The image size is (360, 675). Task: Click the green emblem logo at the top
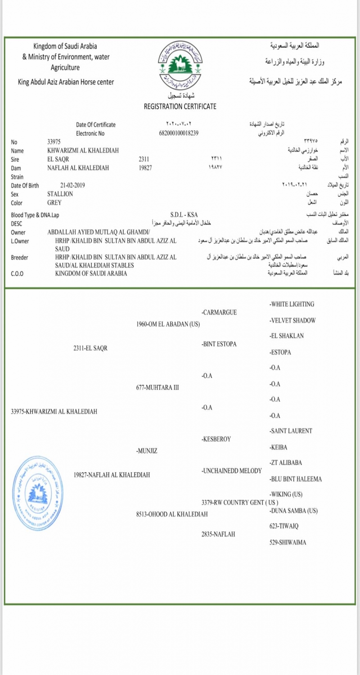point(180,63)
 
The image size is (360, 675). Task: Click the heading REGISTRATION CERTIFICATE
point(180,107)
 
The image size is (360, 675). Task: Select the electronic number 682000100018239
point(179,133)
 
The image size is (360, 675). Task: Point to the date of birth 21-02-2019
point(72,185)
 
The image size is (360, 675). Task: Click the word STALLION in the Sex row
point(60,193)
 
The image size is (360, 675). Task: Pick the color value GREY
point(54,202)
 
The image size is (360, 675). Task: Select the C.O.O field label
point(18,273)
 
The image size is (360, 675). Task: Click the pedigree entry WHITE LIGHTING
point(292,304)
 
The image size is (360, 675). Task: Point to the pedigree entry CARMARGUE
point(219,312)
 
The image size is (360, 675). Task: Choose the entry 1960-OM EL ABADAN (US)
point(168,324)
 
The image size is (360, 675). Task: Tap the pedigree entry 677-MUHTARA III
point(157,387)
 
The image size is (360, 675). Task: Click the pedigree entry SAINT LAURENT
point(290,431)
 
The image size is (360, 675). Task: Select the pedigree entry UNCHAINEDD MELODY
point(231,471)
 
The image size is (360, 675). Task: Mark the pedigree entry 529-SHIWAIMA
point(288,542)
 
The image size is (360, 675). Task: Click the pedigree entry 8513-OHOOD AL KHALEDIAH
point(171,514)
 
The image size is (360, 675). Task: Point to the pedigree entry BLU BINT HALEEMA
point(296,479)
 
